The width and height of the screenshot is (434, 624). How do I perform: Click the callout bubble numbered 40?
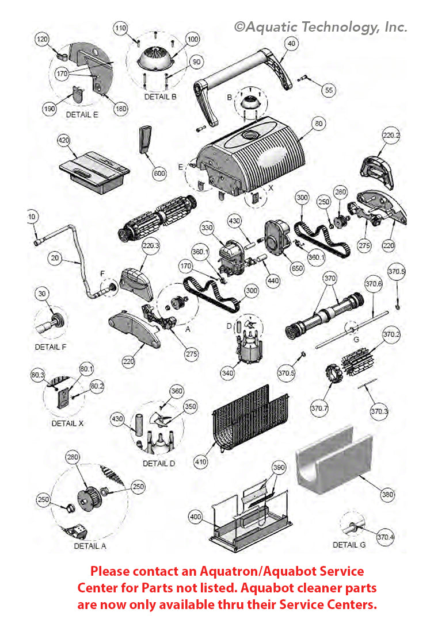pos(292,44)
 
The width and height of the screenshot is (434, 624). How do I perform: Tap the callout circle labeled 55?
pos(329,90)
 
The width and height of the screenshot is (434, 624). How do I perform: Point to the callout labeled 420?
pos(63,140)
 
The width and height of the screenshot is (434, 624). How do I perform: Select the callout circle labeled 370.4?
pos(384,537)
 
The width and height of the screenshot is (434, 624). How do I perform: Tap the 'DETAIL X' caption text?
pos(67,423)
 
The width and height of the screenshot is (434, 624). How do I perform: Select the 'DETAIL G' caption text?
pos(349,545)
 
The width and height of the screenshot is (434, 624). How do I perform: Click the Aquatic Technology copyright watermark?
pos(321,26)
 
